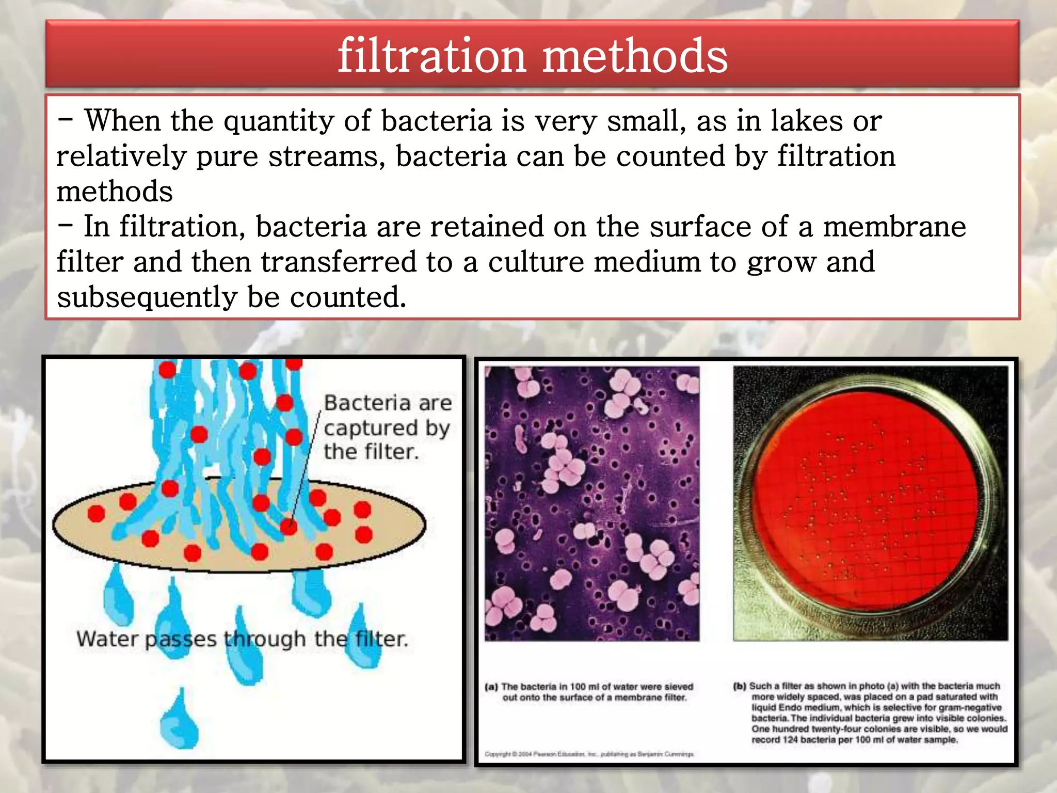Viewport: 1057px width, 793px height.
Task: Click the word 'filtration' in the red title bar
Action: (431, 56)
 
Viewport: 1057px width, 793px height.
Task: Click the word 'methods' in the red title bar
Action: (635, 56)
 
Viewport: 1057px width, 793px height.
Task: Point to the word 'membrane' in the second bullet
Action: (894, 227)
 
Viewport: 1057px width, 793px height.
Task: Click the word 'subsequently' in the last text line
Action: (147, 298)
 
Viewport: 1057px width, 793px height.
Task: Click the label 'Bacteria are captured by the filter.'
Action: (387, 427)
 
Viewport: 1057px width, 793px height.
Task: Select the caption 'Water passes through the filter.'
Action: (242, 639)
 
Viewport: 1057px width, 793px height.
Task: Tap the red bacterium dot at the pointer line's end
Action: (289, 527)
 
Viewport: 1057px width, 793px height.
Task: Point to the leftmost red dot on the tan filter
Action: (96, 514)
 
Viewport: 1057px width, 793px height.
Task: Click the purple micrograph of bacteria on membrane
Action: (592, 503)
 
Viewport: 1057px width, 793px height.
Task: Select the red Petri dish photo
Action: (870, 503)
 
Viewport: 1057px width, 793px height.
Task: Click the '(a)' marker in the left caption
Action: (491, 687)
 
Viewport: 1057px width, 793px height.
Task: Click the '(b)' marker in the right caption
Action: (740, 687)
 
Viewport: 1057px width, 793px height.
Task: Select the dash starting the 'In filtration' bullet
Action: (66, 226)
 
